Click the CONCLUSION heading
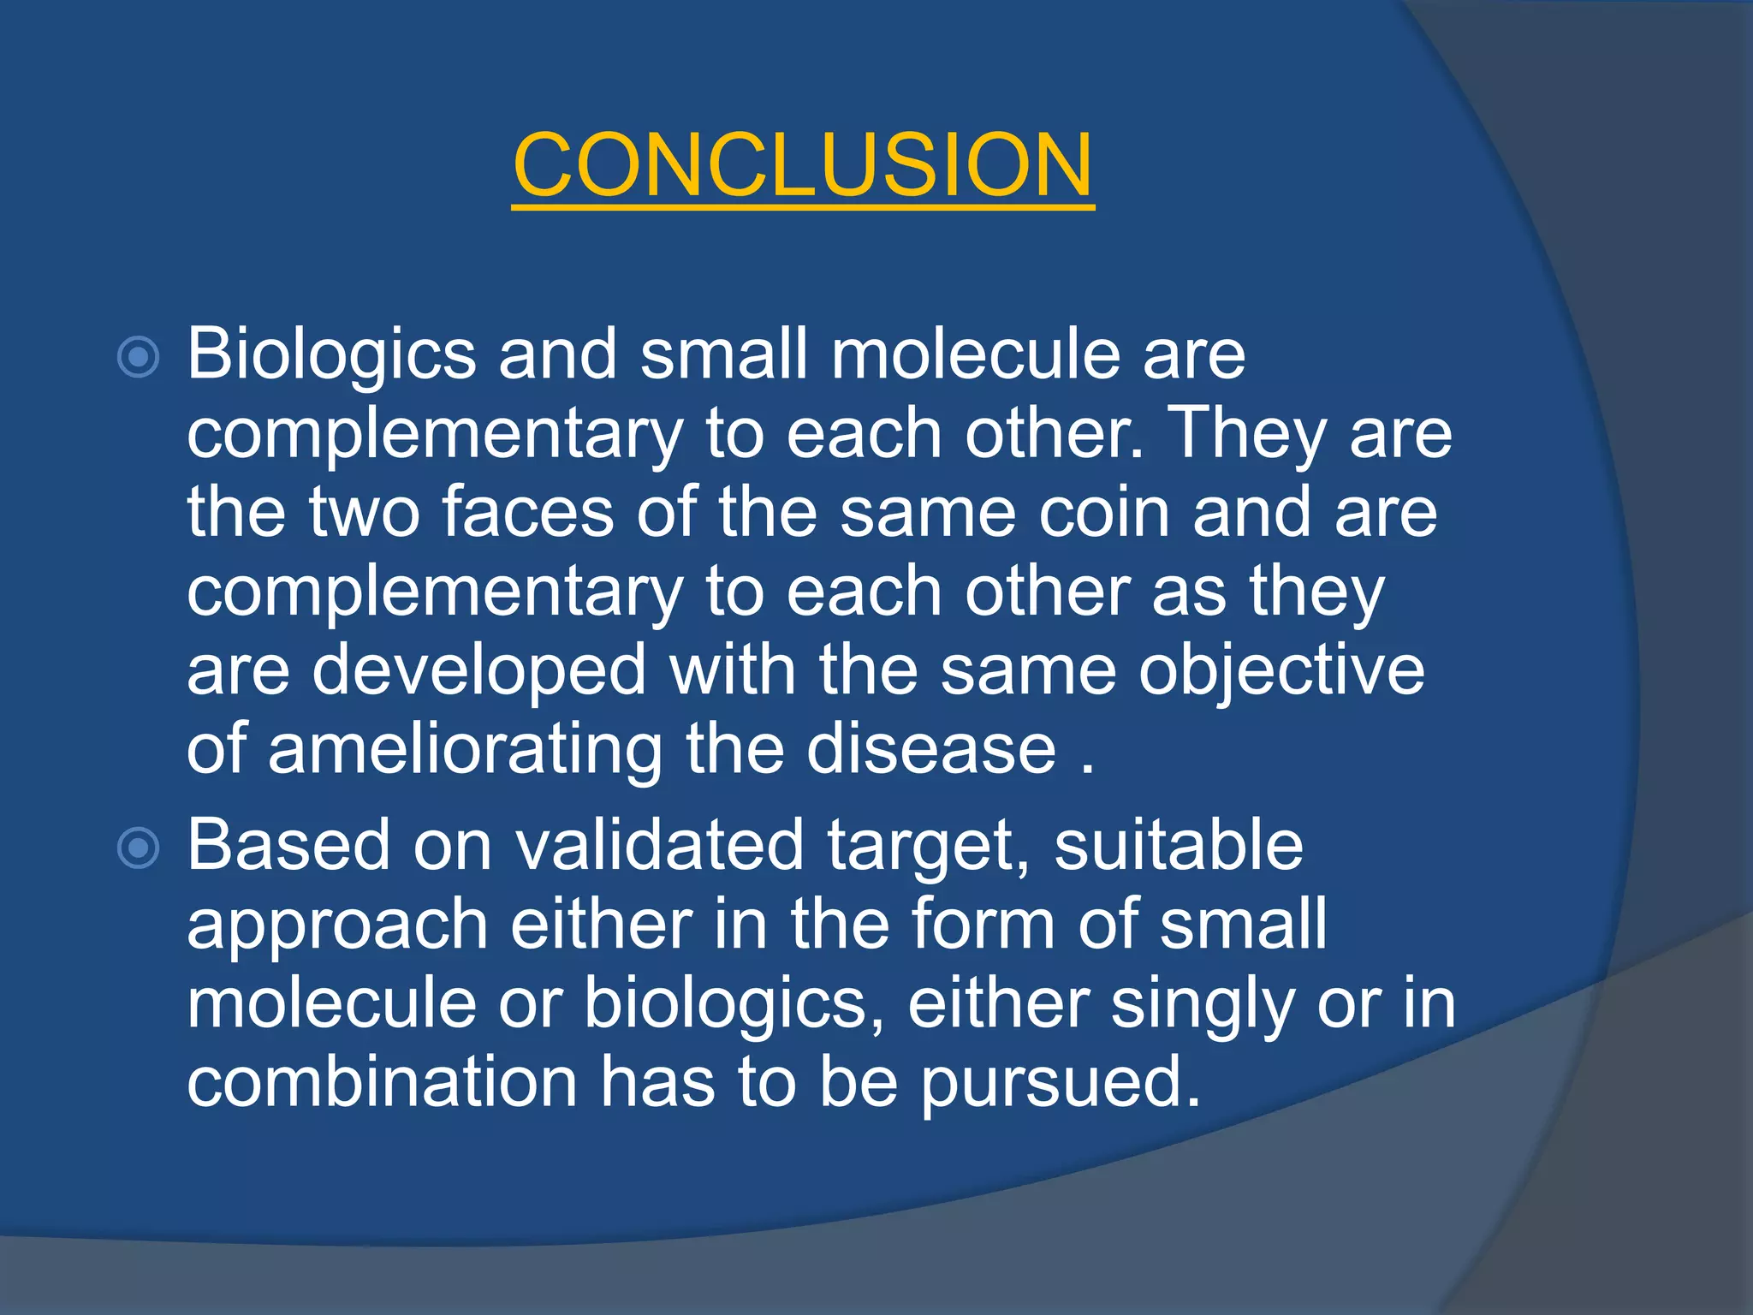[803, 164]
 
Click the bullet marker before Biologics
[138, 357]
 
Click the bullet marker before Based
[138, 848]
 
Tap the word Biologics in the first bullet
[331, 355]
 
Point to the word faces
[527, 513]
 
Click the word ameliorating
[465, 750]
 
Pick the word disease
[931, 750]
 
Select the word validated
[659, 846]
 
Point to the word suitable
[1178, 846]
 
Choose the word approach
[337, 926]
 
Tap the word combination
[382, 1082]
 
